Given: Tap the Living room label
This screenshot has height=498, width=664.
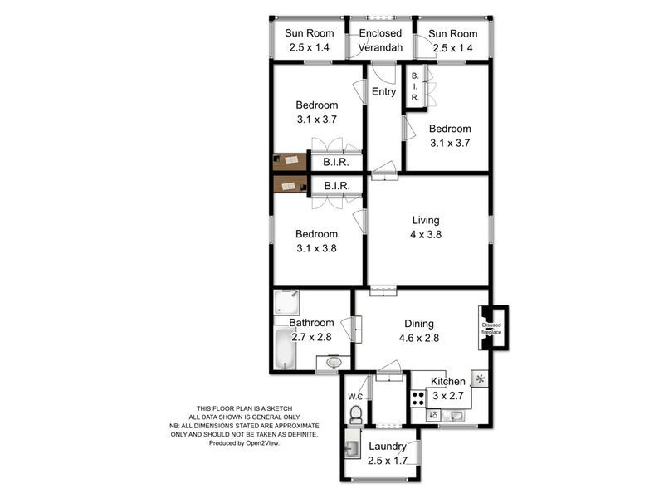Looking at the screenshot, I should [426, 220].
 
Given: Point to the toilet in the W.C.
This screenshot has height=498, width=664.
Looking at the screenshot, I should [357, 413].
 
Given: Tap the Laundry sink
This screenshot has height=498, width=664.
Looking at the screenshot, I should [353, 449].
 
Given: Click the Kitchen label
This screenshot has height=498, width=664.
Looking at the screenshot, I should [447, 381].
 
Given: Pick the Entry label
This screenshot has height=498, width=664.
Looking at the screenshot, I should [383, 92].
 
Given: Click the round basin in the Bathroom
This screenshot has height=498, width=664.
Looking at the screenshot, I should [334, 363].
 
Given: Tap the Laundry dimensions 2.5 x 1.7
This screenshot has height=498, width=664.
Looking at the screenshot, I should [388, 461].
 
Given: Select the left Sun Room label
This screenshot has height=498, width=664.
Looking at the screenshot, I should [310, 34].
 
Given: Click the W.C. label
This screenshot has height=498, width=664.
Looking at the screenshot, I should [357, 394].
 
